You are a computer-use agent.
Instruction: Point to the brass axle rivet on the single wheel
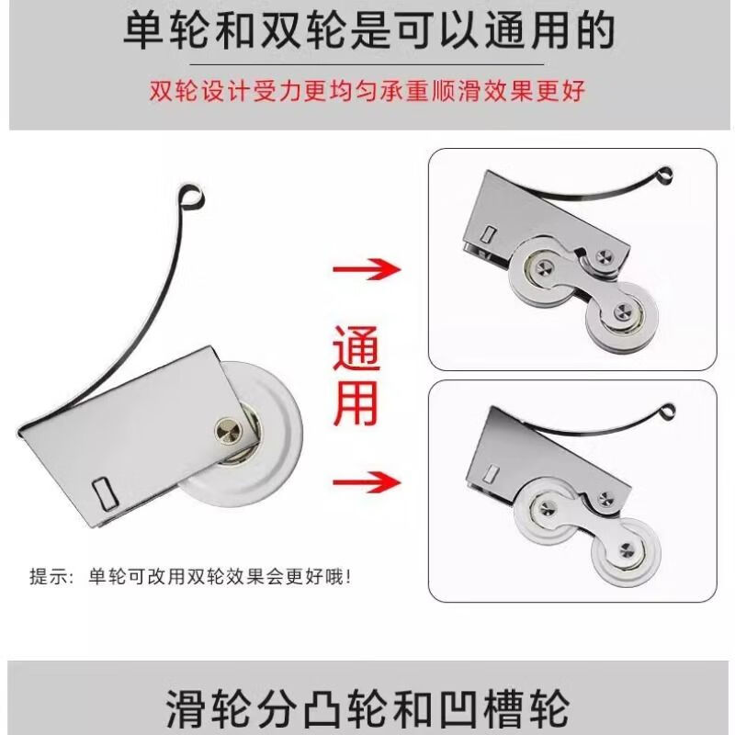click(x=226, y=430)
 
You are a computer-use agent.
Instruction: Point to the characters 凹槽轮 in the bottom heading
click(x=517, y=708)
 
